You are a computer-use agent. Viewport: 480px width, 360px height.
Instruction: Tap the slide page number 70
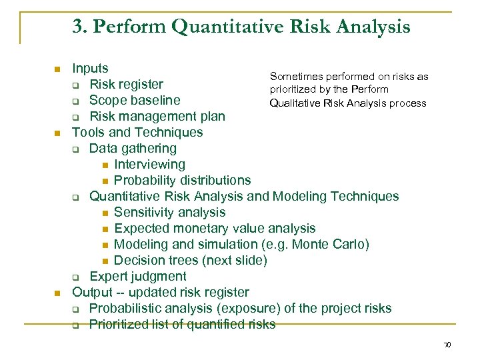tap(447, 345)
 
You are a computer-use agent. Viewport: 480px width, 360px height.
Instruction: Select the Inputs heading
tap(90, 68)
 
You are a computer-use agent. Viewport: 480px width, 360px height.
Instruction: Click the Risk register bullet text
tap(126, 84)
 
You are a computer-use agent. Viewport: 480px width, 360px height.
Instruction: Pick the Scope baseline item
tap(134, 100)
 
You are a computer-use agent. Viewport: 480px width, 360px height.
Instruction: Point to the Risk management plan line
tap(157, 116)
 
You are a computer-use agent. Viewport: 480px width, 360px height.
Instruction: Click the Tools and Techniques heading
tap(137, 132)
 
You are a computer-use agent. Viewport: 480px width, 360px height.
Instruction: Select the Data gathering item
tap(133, 148)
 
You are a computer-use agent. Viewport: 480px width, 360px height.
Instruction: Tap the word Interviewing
tap(149, 164)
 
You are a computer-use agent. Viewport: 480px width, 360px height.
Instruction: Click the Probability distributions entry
tap(182, 180)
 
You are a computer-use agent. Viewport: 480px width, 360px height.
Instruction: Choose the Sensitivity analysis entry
tap(169, 212)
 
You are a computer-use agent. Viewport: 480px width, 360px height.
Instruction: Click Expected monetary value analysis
tap(215, 228)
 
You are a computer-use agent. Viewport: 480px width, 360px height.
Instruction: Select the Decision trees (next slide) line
tap(190, 260)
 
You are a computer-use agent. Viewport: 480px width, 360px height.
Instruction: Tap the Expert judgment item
tap(138, 276)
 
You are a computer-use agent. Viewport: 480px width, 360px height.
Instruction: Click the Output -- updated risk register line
tap(160, 292)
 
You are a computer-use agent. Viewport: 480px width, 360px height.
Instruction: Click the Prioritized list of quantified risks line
tap(182, 325)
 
